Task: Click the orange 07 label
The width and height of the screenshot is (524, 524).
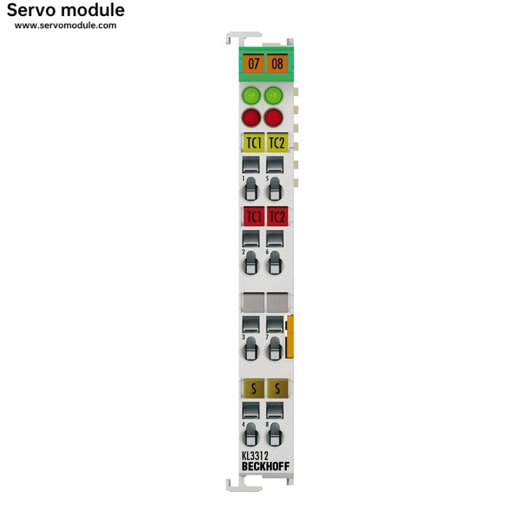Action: [x=253, y=63]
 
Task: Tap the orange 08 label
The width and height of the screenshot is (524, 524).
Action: [x=277, y=63]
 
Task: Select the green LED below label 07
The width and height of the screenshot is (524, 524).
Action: [x=251, y=95]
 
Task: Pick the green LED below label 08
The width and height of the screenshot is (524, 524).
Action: [x=274, y=95]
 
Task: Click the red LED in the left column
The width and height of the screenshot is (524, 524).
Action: [x=251, y=117]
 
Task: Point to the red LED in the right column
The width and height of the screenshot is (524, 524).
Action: [x=274, y=117]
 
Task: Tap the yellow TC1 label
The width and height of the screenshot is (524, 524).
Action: [x=253, y=143]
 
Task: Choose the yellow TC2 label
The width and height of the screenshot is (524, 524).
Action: [x=277, y=143]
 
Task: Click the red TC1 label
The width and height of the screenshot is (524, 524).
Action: [x=253, y=216]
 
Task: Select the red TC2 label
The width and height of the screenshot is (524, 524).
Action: [x=277, y=216]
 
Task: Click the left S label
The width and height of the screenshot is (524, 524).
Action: [x=253, y=388]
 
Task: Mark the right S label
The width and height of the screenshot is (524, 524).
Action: [x=277, y=388]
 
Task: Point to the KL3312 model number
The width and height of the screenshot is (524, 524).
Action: [x=255, y=456]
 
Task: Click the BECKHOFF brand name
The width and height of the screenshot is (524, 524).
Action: [x=264, y=467]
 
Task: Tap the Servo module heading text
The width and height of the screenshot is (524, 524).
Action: [x=65, y=10]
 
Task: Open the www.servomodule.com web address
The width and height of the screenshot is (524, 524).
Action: [x=65, y=25]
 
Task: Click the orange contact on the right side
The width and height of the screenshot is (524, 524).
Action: [x=291, y=337]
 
